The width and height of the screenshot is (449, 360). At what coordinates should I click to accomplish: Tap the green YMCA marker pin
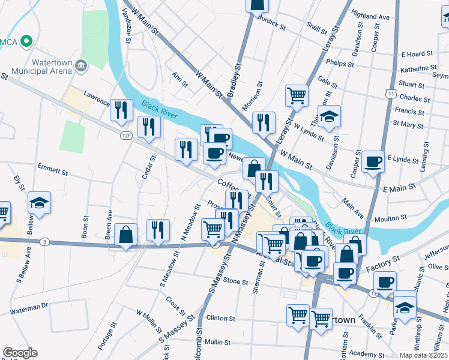tap(26, 41)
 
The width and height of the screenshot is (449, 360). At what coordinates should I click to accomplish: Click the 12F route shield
tap(125, 136)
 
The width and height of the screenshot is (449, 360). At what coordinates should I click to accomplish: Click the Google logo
tap(20, 353)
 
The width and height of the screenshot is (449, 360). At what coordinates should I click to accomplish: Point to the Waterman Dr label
tap(28, 306)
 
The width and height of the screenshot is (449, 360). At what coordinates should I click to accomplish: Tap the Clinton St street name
tap(220, 318)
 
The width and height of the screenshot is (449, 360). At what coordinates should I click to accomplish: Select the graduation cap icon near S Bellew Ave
tap(39, 203)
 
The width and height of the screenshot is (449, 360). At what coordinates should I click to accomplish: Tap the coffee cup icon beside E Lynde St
tap(373, 161)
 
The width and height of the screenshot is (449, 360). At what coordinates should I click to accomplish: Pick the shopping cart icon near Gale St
tap(297, 95)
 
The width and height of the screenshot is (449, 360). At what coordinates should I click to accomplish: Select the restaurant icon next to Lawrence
tap(121, 109)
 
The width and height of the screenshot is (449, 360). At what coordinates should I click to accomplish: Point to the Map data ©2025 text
tap(422, 355)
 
